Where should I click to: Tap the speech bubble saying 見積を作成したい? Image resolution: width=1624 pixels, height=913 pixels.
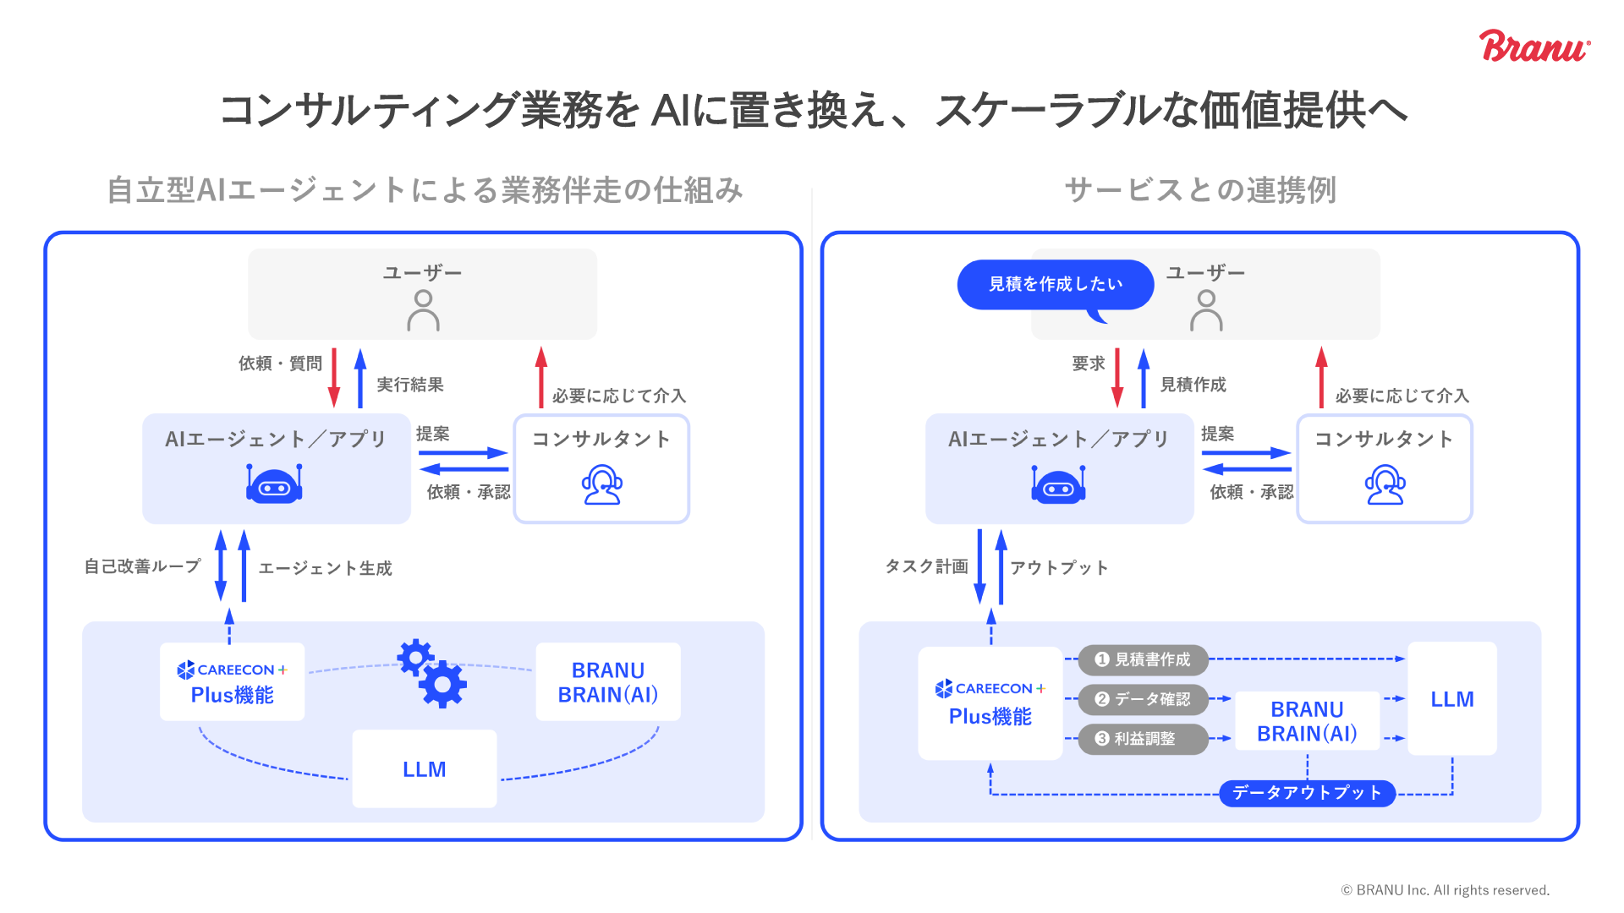pyautogui.click(x=1055, y=284)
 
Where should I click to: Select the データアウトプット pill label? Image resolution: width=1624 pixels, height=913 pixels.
pyautogui.click(x=1307, y=793)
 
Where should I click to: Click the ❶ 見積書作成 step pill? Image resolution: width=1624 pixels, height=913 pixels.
pyautogui.click(x=1143, y=659)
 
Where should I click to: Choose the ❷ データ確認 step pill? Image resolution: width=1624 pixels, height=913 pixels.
pyautogui.click(x=1143, y=699)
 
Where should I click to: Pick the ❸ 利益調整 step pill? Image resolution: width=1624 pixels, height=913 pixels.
pyautogui.click(x=1143, y=739)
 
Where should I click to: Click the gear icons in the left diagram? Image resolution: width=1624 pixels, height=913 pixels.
pyautogui.click(x=432, y=674)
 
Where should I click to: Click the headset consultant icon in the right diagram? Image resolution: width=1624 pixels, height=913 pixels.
pyautogui.click(x=1385, y=484)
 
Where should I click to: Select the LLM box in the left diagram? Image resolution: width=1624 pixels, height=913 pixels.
pyautogui.click(x=424, y=769)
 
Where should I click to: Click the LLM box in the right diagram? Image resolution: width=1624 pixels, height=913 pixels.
pyautogui.click(x=1451, y=699)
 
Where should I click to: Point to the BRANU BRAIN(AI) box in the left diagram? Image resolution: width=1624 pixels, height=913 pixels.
pyautogui.click(x=607, y=682)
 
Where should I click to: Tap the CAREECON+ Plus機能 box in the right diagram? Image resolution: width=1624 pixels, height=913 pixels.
pyautogui.click(x=990, y=703)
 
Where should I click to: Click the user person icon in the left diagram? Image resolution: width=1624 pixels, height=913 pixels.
pyautogui.click(x=423, y=310)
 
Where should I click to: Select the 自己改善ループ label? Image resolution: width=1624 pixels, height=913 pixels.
pyautogui.click(x=142, y=566)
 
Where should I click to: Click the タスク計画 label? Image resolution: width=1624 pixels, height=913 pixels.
pyautogui.click(x=926, y=566)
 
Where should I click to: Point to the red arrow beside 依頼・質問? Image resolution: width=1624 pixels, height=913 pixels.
pyautogui.click(x=334, y=378)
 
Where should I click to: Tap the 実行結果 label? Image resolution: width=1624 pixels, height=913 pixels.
pyautogui.click(x=410, y=385)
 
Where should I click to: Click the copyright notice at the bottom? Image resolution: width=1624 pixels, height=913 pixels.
pyautogui.click(x=1445, y=890)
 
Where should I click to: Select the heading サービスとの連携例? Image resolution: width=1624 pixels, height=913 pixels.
pyautogui.click(x=1200, y=190)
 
